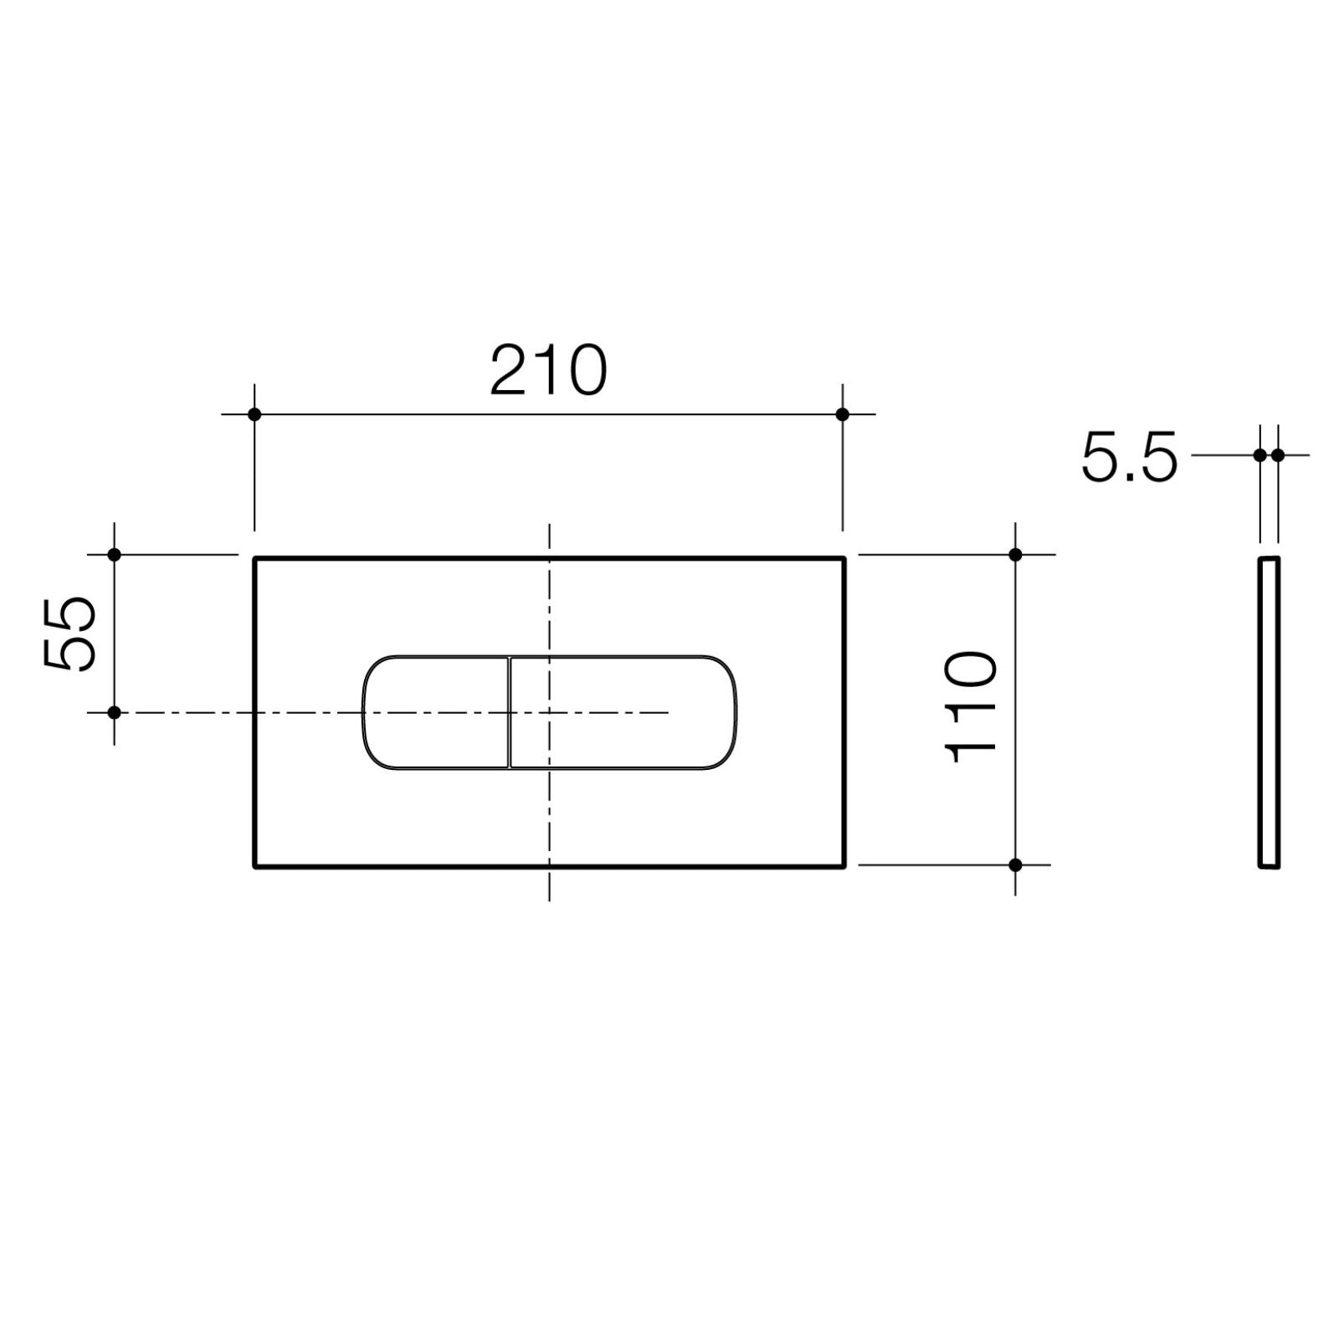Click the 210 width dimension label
[548, 370]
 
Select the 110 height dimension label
[971, 708]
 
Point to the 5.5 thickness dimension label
[1129, 457]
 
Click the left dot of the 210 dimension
[254, 414]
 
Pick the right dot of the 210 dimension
[842, 414]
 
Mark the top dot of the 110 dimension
[1015, 554]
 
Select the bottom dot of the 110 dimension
[1015, 864]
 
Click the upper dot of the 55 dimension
[115, 554]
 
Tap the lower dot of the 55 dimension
[115, 712]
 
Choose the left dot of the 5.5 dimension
[1259, 455]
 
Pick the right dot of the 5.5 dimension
[1278, 455]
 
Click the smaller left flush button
[435, 711]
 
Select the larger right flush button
[623, 711]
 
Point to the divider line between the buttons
[509, 711]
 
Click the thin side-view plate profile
[1269, 711]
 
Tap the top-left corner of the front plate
[255, 558]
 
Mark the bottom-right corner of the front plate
[844, 866]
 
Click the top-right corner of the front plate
[844, 558]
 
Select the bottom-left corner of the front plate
[255, 866]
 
